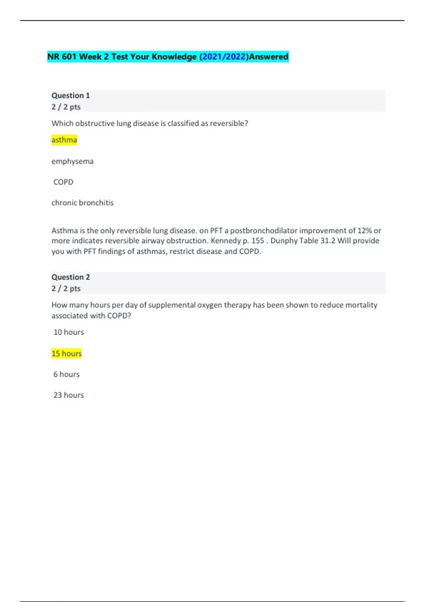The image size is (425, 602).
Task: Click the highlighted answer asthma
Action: click(64, 140)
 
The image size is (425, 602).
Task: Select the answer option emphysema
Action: click(73, 161)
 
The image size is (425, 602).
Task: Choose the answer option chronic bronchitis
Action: click(83, 203)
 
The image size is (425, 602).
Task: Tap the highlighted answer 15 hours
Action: click(67, 353)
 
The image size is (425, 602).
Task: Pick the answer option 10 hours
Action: click(69, 332)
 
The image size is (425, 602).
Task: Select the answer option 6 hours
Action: click(67, 374)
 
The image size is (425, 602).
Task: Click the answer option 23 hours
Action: click(69, 395)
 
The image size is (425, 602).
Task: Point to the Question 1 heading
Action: click(71, 96)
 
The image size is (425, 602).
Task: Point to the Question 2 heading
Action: click(71, 277)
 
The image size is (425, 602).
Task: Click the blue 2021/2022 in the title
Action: click(224, 57)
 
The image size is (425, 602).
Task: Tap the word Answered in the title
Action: click(269, 57)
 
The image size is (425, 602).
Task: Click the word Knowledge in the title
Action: click(174, 57)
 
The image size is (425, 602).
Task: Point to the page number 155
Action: click(257, 241)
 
